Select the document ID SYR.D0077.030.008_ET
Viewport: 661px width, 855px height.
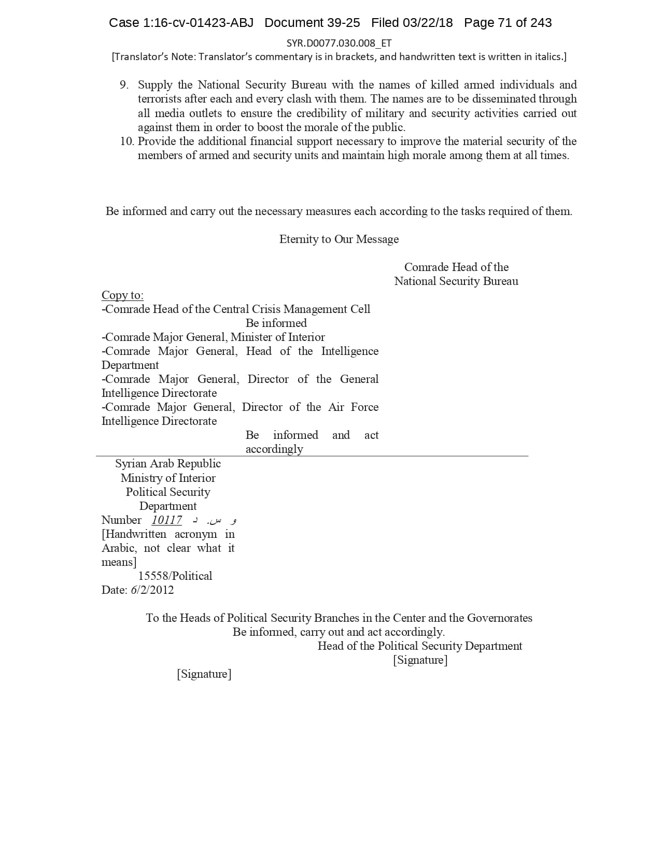[x=339, y=43]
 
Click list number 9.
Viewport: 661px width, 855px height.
[x=124, y=85]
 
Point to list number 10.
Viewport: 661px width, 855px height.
[x=127, y=141]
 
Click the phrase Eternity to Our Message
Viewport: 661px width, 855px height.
[x=339, y=239]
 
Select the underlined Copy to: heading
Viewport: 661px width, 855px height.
[x=122, y=295]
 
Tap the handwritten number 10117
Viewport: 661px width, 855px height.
[x=166, y=520]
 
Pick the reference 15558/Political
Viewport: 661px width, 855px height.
[x=175, y=576]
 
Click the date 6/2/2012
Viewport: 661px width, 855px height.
[x=152, y=590]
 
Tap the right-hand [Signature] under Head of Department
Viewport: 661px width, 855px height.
[x=420, y=660]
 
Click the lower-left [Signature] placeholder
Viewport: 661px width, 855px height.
[x=204, y=674]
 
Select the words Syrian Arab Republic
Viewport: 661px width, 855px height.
[x=168, y=464]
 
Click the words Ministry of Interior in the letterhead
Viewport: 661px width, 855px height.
[x=168, y=478]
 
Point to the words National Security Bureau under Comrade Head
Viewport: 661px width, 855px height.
[x=456, y=281]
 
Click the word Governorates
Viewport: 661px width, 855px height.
[x=500, y=618]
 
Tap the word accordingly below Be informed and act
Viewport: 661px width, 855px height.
[x=274, y=449]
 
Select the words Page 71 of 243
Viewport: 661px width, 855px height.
[x=508, y=23]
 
